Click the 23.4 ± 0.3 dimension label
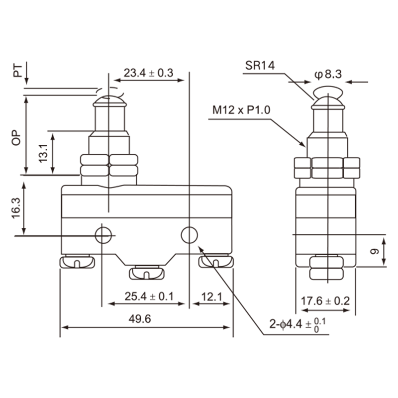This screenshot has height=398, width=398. (148, 73)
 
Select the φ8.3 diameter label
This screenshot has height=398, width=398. (328, 75)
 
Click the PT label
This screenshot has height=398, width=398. (18, 71)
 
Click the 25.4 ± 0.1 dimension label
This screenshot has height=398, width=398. (148, 297)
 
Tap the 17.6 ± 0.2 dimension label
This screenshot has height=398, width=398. (326, 300)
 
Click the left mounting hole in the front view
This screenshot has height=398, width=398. (103, 234)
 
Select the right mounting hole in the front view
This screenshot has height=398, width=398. (189, 234)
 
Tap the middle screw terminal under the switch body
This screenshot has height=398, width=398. (146, 272)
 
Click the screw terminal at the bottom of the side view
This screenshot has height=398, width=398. (326, 267)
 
